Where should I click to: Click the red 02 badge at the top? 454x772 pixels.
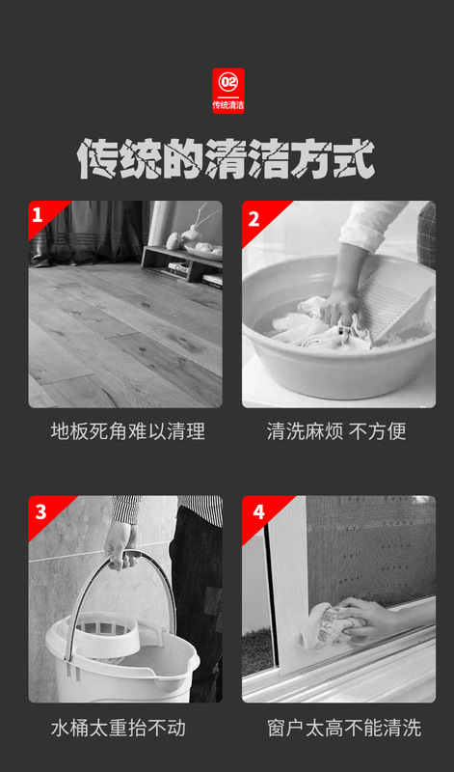[227, 91]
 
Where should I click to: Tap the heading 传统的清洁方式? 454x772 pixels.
[227, 158]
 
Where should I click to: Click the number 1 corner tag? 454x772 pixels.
[45, 216]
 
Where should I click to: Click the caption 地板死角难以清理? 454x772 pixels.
[127, 431]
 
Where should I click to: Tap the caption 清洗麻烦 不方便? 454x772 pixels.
[336, 431]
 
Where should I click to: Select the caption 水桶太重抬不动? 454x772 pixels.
[118, 729]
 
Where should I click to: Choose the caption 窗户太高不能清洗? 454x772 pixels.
[344, 729]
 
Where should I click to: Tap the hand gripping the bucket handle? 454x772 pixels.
[120, 543]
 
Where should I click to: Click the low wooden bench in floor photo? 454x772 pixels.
[181, 263]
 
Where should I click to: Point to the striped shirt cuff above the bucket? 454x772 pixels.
[126, 510]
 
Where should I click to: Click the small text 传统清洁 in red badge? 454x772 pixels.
[228, 105]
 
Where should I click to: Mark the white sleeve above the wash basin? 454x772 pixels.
[371, 224]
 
